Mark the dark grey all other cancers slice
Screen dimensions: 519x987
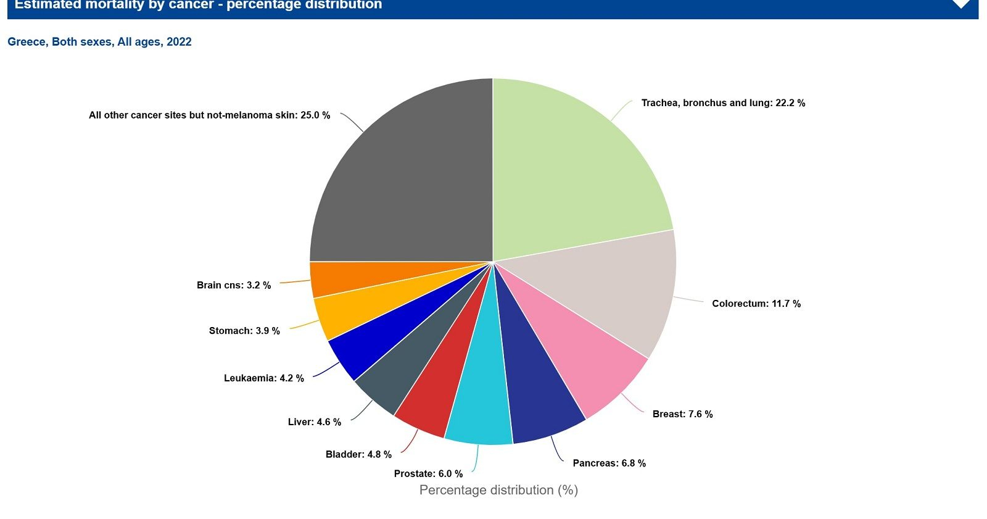[401, 179]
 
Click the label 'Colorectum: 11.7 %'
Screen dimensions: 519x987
[756, 304]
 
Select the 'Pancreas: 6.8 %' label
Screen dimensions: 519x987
[609, 463]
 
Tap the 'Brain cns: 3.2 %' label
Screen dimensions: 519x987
[234, 285]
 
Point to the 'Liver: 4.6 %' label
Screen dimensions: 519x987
[314, 422]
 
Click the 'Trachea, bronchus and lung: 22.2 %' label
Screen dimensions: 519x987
[723, 103]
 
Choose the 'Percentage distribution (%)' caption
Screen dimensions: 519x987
[498, 490]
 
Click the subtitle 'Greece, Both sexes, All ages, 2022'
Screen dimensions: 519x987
[99, 42]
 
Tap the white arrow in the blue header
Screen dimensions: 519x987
[960, 4]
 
